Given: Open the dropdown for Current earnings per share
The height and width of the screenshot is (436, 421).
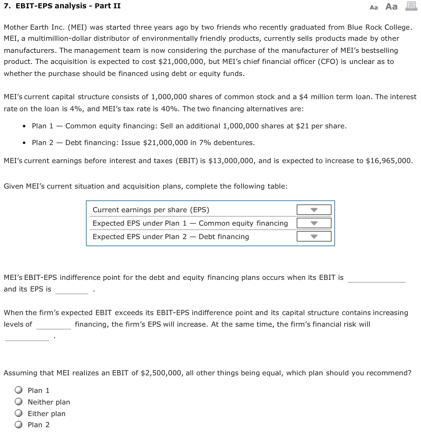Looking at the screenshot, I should [x=314, y=210].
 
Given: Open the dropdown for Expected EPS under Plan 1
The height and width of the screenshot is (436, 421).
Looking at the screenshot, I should [x=314, y=223].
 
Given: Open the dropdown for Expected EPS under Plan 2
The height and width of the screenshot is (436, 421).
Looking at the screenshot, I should [x=314, y=237].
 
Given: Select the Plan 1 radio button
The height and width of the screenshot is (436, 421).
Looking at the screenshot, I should [x=19, y=390].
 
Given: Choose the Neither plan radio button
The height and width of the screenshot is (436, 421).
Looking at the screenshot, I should [x=19, y=402].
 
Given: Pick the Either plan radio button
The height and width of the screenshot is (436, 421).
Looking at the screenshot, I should [x=19, y=413].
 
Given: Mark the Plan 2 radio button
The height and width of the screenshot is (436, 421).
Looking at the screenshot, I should [x=19, y=424].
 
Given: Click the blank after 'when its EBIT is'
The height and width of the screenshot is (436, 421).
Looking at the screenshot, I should [x=376, y=278].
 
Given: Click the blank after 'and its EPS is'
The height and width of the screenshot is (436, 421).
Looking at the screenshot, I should [x=72, y=290].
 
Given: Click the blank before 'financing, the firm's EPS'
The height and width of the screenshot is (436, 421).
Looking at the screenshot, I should [x=53, y=325].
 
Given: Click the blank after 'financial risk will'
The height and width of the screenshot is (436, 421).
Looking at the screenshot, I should [x=27, y=336].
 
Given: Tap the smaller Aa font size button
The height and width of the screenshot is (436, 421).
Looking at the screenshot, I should [x=374, y=7].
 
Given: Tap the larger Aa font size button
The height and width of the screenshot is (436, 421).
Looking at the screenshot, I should [x=391, y=6].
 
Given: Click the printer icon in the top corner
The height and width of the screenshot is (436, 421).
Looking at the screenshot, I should [x=410, y=6].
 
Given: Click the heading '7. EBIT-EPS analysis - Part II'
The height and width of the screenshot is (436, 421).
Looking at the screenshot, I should [x=62, y=6].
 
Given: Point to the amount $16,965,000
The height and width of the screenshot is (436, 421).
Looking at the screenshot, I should [x=389, y=161].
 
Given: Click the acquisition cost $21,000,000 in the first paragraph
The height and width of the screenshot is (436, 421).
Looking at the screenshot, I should [x=179, y=62].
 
